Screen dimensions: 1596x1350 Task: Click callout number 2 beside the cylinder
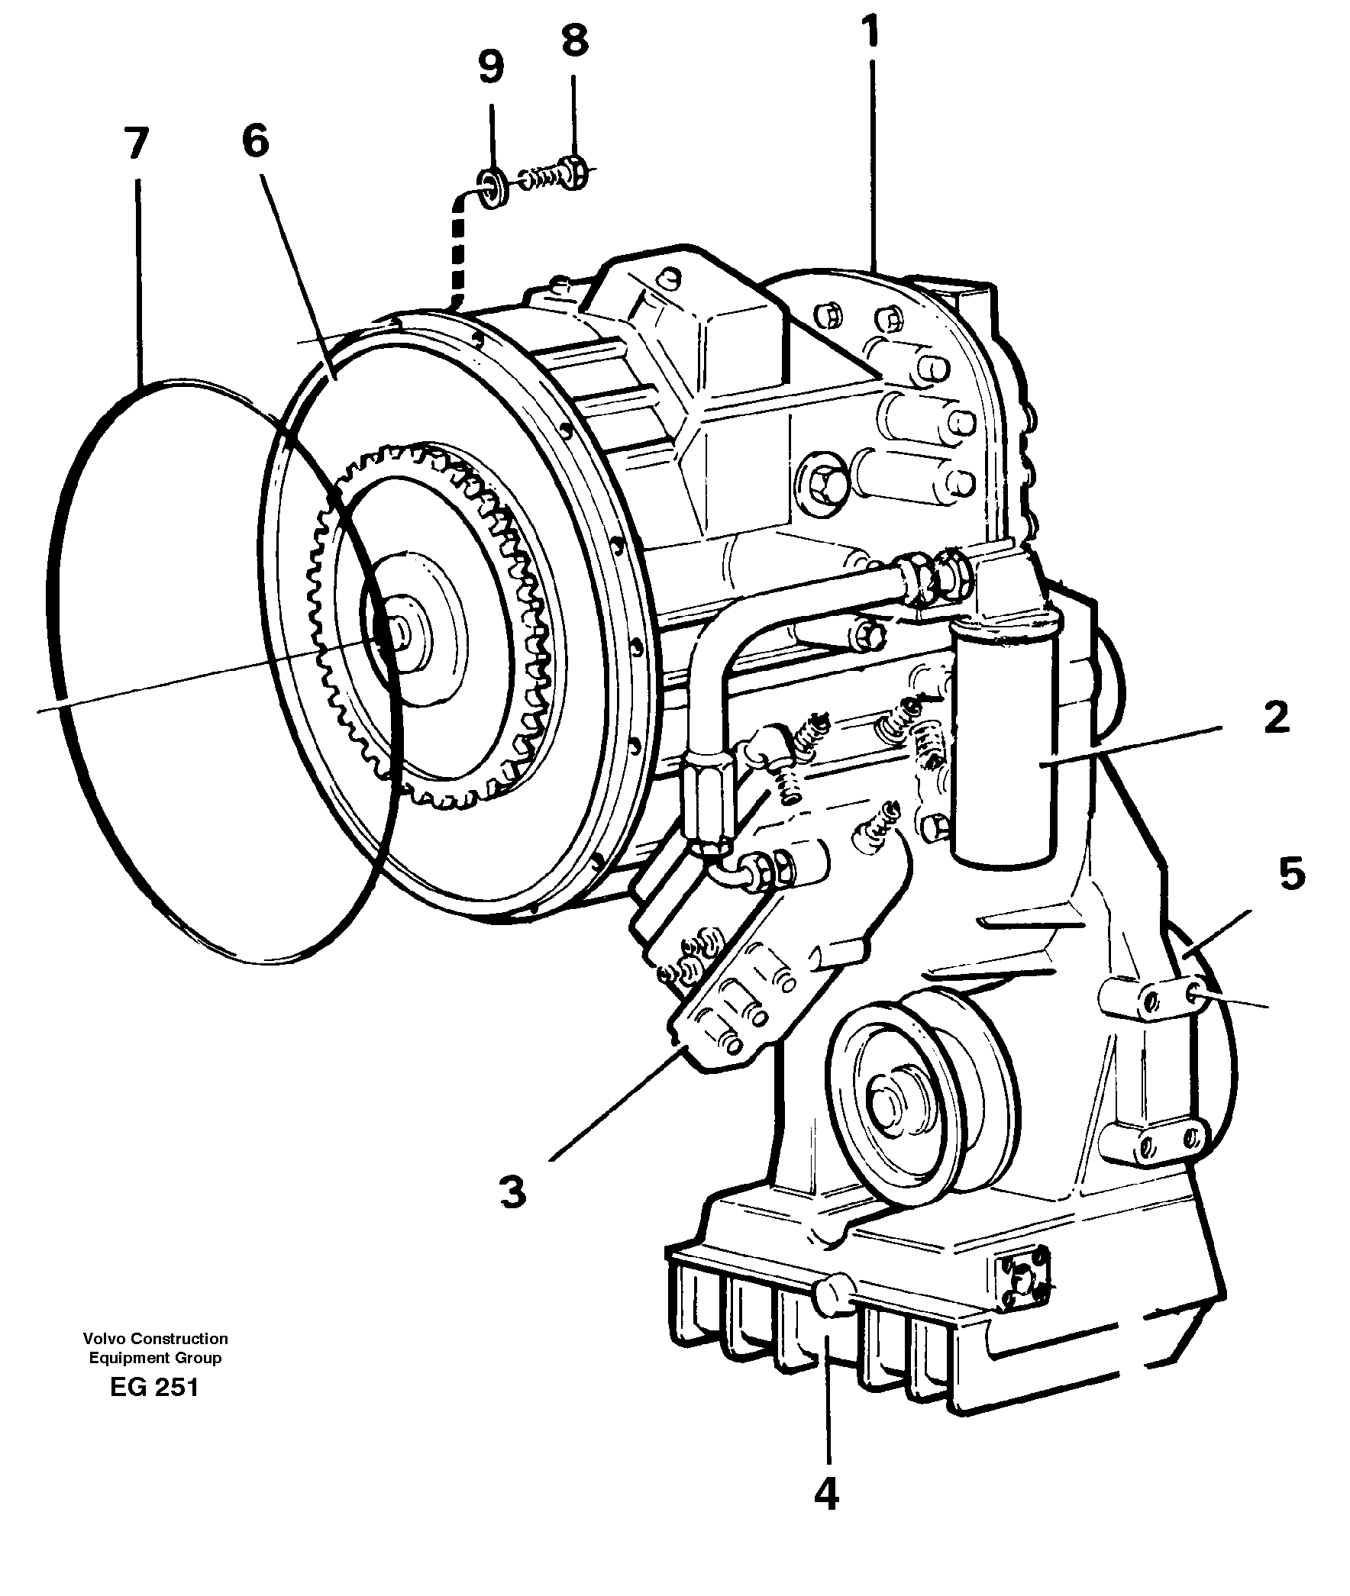point(1276,718)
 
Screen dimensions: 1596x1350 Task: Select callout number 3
point(513,1192)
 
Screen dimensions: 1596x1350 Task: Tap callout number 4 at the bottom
point(826,1494)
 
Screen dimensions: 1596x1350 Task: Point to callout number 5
point(1292,874)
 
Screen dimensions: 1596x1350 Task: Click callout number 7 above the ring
point(135,143)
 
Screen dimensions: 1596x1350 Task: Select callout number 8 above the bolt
point(575,40)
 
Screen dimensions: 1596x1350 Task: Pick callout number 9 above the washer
point(490,67)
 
